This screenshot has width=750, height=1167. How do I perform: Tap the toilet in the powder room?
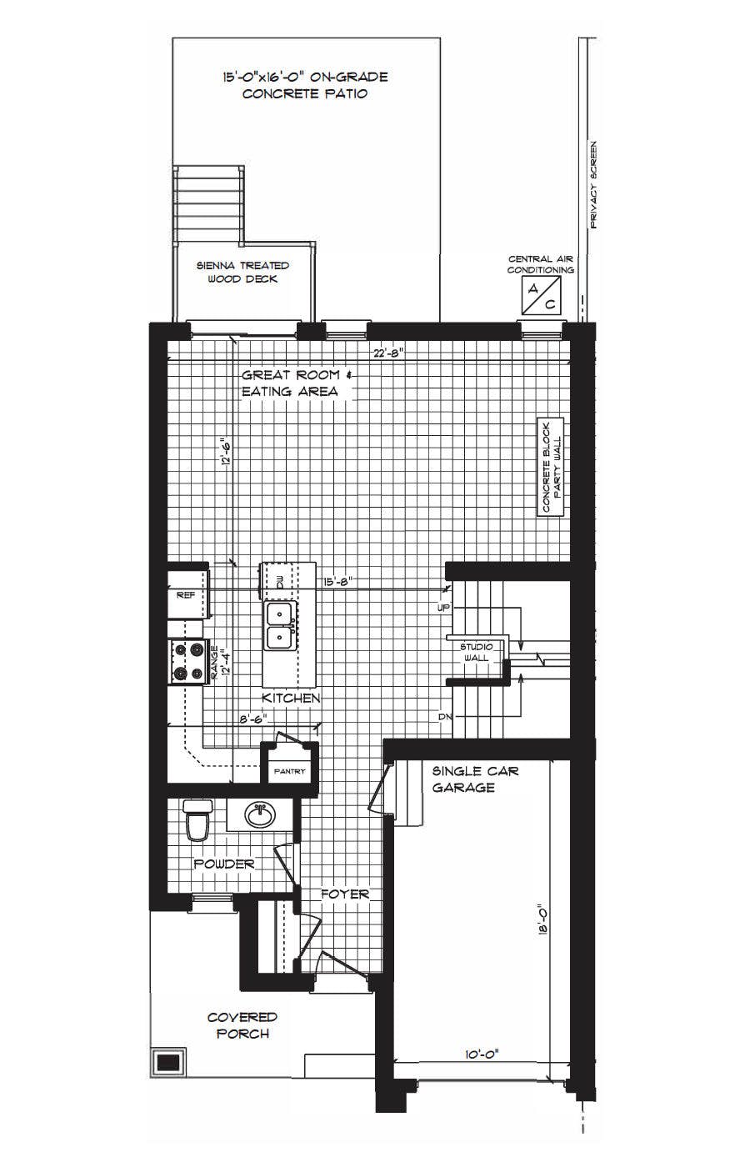[197, 820]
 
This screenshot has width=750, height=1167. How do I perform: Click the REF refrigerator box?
[185, 595]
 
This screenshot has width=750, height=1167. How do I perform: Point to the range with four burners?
[187, 662]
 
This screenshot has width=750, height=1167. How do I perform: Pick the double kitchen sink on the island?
[279, 626]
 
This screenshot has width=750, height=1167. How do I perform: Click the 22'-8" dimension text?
[388, 353]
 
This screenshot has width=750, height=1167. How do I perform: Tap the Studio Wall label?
[477, 652]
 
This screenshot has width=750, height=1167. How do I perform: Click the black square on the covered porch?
[168, 1062]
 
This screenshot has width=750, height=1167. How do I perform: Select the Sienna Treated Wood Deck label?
[242, 272]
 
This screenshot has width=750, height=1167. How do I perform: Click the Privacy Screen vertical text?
[593, 185]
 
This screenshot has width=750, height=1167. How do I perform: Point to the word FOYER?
[345, 894]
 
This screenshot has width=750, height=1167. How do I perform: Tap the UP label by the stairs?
[443, 608]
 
